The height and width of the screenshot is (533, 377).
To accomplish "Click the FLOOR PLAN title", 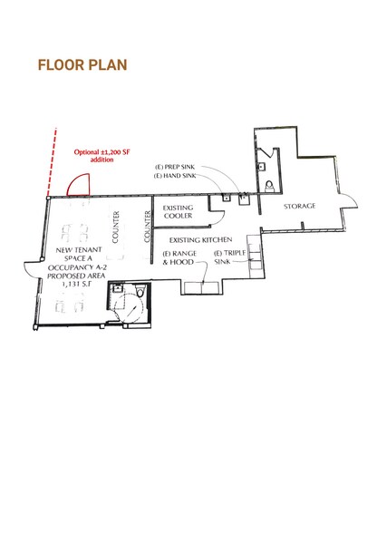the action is click(82, 65).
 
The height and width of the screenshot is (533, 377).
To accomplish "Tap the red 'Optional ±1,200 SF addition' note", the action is click(102, 156).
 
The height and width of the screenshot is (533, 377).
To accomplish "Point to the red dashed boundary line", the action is click(52, 162).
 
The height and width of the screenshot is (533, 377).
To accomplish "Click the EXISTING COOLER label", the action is click(178, 212).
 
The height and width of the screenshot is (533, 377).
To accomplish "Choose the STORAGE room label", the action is click(299, 206).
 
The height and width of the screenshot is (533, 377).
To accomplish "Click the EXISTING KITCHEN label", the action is click(200, 240).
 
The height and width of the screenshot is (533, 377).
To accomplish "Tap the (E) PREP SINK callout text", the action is click(175, 167).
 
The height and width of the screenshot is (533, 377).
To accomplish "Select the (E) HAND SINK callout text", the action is click(175, 176).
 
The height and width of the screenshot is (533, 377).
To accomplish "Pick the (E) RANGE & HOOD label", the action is click(179, 257).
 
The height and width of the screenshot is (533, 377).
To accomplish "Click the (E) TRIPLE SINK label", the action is click(230, 257).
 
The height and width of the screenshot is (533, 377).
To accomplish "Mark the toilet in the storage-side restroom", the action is click(269, 187).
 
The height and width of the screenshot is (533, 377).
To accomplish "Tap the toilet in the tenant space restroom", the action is click(140, 291).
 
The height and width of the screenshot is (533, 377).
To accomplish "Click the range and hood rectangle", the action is click(201, 288).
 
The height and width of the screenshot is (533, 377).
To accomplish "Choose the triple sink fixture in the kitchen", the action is click(255, 252).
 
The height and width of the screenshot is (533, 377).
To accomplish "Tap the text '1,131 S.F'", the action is click(76, 284).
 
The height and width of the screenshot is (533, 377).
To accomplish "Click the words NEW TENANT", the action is click(79, 250).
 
